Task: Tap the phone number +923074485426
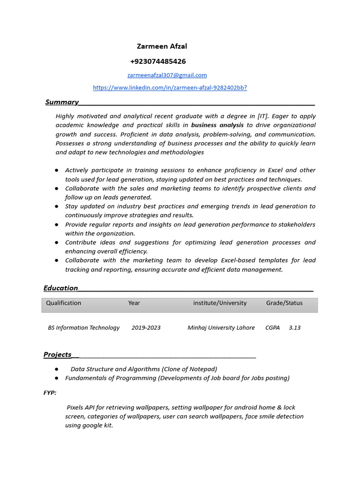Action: click(x=157, y=61)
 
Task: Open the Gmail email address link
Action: click(x=167, y=75)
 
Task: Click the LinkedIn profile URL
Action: click(x=170, y=88)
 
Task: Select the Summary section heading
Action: click(x=61, y=102)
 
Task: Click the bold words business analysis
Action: click(x=217, y=125)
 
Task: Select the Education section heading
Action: click(x=60, y=288)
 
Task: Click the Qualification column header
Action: click(x=63, y=303)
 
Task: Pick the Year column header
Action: click(x=134, y=303)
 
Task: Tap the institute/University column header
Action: click(x=219, y=303)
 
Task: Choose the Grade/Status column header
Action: click(x=284, y=303)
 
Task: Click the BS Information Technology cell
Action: click(x=83, y=328)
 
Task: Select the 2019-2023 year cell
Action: click(x=146, y=328)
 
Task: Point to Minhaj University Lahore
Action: click(x=221, y=328)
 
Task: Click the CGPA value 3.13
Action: click(x=294, y=328)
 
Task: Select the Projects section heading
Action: click(x=58, y=354)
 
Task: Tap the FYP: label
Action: click(x=50, y=392)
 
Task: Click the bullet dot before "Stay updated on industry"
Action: click(x=56, y=206)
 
